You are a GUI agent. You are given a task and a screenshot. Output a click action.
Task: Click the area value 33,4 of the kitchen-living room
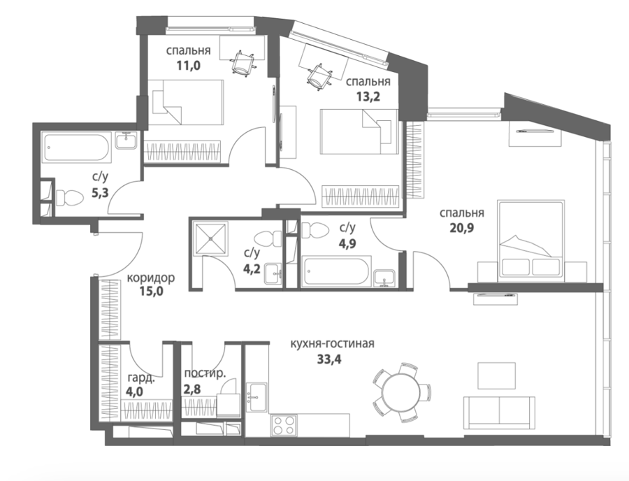pyautogui.click(x=329, y=359)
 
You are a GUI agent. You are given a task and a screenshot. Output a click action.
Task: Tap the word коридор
pyautogui.click(x=151, y=278)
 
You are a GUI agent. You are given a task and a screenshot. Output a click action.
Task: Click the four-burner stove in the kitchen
pyautogui.click(x=284, y=425)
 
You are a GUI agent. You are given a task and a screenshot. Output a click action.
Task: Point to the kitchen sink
pyautogui.click(x=256, y=397)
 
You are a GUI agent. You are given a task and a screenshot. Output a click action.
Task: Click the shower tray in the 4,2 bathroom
pyautogui.click(x=210, y=238)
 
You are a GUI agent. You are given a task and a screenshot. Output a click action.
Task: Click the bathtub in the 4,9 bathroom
pyautogui.click(x=336, y=272)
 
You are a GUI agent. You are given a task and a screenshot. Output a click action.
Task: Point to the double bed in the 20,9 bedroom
pyautogui.click(x=530, y=241)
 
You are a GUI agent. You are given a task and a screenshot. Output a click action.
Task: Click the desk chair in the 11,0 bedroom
pyautogui.click(x=243, y=63)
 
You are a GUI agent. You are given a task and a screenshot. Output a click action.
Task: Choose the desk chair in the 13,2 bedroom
pyautogui.click(x=319, y=77)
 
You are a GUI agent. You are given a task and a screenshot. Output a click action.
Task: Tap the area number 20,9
pyautogui.click(x=462, y=228)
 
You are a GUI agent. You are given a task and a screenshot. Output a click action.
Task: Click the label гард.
pyautogui.click(x=139, y=378)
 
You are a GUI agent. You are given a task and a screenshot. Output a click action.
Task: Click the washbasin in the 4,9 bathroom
pyautogui.click(x=384, y=279)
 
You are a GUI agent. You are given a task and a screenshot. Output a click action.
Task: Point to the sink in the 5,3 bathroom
pyautogui.click(x=126, y=141)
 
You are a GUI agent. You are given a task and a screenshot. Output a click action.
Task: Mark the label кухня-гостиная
pyautogui.click(x=332, y=344)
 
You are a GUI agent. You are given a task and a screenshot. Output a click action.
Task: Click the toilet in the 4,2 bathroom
pyautogui.click(x=268, y=238)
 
